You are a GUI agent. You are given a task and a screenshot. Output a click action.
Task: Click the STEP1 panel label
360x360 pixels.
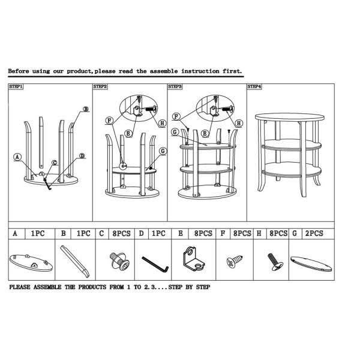16,86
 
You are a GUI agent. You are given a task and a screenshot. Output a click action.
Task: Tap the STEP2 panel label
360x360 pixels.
100,86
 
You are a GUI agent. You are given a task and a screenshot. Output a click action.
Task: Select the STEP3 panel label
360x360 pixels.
175,86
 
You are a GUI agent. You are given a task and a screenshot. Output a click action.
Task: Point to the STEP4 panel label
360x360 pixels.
254,86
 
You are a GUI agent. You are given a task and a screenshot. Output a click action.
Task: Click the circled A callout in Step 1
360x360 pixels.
17,157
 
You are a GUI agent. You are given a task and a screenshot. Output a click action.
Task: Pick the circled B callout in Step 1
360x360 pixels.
86,109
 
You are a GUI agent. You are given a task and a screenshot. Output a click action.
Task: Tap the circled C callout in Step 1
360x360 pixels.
55,163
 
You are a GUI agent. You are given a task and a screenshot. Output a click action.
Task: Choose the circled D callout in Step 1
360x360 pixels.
82,156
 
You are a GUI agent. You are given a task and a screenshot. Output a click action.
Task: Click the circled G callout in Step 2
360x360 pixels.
163,151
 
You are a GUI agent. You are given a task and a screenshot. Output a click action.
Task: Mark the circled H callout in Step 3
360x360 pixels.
239,123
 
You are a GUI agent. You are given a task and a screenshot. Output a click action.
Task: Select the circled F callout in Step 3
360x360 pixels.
176,116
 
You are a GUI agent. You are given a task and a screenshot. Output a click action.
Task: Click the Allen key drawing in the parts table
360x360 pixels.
155,264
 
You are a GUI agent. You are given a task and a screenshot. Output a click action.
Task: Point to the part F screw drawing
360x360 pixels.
235,261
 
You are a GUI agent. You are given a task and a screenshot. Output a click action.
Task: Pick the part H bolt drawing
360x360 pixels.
275,262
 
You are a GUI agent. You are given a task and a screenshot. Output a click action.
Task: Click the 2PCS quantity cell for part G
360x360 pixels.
314,233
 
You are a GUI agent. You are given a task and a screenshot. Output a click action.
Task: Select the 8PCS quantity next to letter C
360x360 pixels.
121,233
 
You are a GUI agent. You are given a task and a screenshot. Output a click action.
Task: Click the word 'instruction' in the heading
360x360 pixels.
200,71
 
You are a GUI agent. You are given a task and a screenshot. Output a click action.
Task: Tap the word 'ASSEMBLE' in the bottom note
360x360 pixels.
47,287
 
